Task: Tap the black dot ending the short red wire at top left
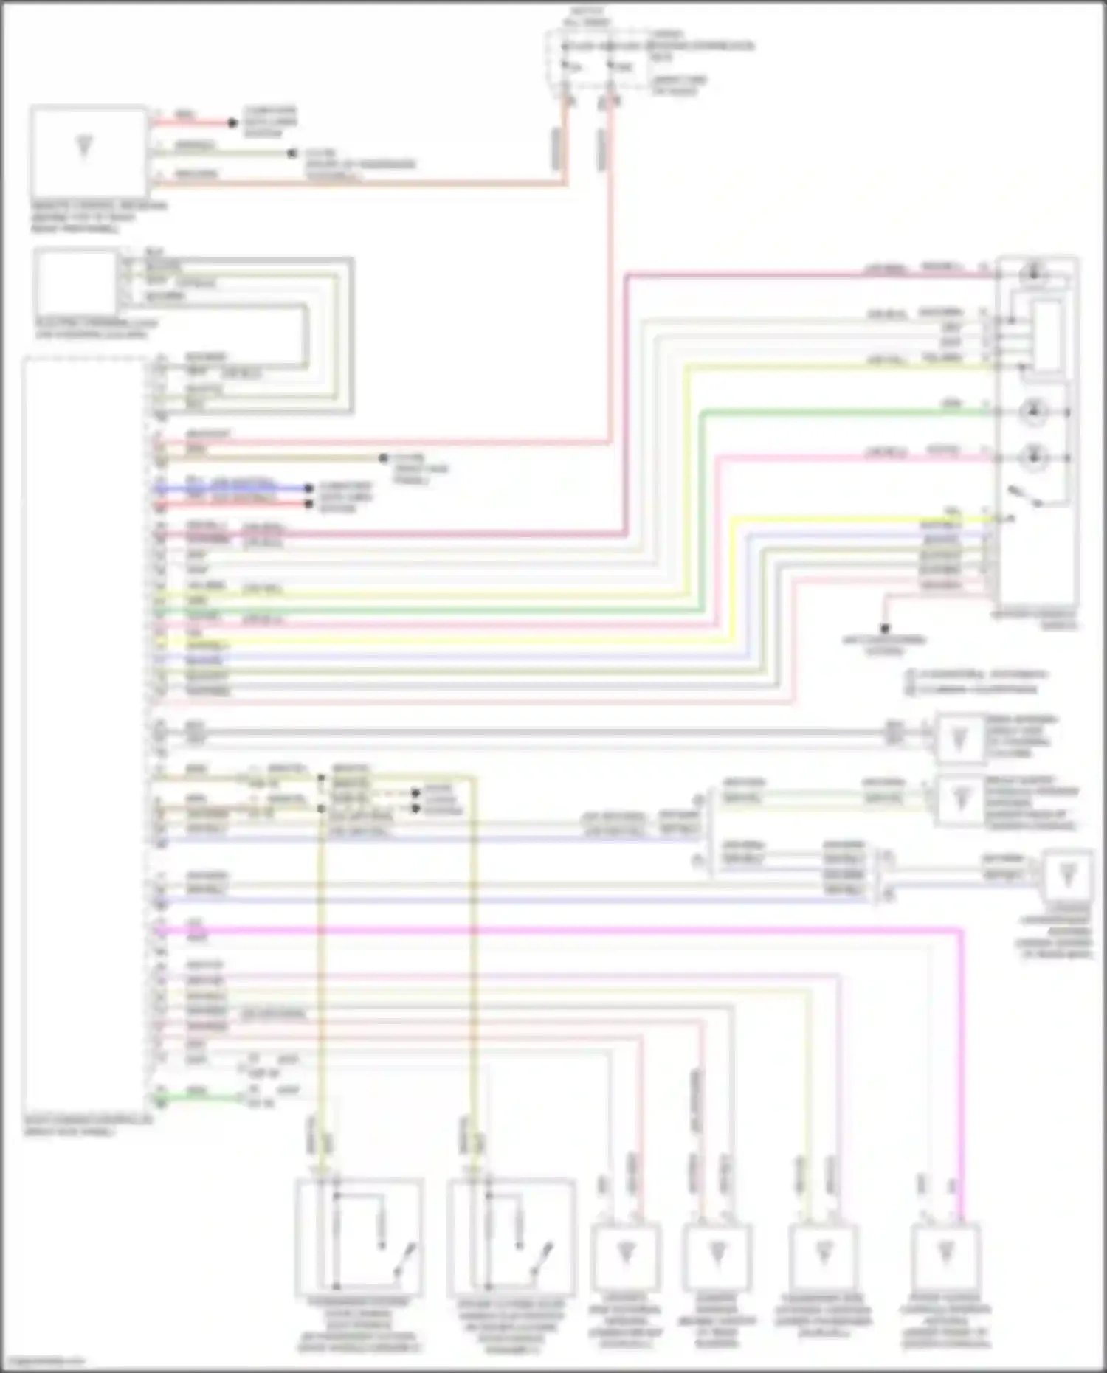(x=232, y=123)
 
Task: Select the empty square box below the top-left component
(x=76, y=283)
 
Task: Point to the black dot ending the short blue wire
(x=309, y=488)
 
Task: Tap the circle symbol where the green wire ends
(x=1033, y=412)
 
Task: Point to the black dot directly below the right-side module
(x=885, y=629)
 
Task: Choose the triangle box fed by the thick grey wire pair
(x=959, y=737)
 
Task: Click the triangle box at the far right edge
(x=1067, y=876)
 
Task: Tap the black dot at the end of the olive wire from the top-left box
(x=292, y=154)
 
